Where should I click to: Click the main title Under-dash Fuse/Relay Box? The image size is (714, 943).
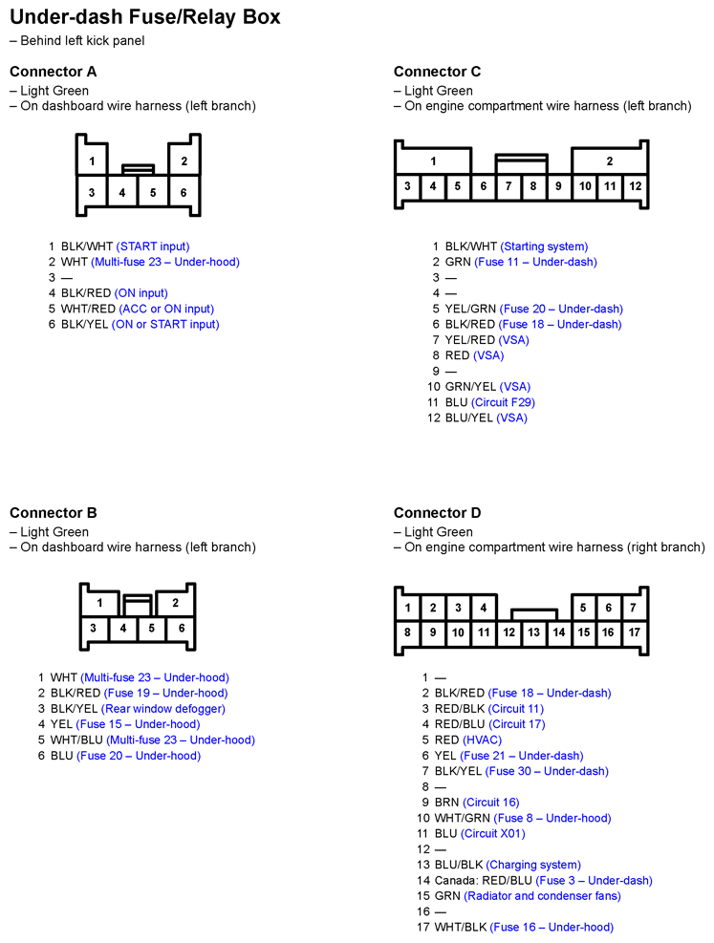tap(145, 17)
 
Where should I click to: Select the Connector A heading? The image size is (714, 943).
tap(54, 72)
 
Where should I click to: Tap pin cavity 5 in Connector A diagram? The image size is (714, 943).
tap(153, 192)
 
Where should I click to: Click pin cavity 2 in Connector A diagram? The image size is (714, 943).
tap(184, 161)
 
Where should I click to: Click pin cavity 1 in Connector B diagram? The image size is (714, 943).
tap(99, 604)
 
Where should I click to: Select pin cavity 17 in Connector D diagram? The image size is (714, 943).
tap(634, 632)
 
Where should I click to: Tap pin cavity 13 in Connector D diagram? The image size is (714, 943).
tap(533, 632)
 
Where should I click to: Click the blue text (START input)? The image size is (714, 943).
tap(153, 246)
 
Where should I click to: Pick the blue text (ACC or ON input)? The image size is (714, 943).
tap(166, 309)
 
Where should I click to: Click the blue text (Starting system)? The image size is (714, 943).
tap(544, 246)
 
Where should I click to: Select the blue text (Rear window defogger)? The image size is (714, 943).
tap(163, 709)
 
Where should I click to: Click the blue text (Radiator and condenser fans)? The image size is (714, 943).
tap(542, 896)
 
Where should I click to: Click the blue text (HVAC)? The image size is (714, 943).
tap(482, 739)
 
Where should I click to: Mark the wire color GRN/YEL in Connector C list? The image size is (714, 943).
tap(470, 387)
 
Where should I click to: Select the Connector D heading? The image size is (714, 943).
tap(438, 513)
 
